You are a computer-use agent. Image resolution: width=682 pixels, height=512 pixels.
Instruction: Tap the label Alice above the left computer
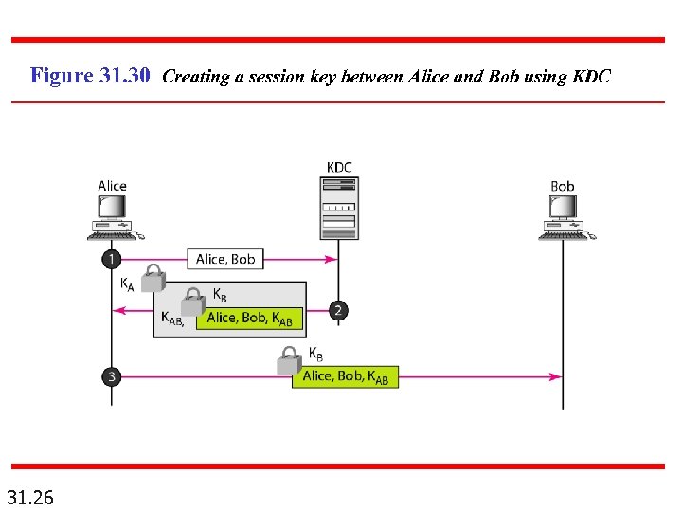[x=112, y=186]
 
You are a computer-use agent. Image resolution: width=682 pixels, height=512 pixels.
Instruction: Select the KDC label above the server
[x=339, y=168]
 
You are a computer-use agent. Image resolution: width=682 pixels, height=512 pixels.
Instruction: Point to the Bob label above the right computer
[x=563, y=186]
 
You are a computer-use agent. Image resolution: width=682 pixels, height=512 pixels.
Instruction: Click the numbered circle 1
[x=112, y=259]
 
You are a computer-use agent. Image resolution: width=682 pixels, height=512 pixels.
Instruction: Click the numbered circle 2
[x=339, y=310]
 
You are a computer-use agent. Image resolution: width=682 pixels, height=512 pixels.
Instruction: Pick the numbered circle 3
[x=112, y=376]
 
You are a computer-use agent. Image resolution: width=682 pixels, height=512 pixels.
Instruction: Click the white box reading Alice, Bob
[x=225, y=259]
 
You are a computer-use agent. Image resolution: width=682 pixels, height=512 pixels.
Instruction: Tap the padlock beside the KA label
[x=153, y=278]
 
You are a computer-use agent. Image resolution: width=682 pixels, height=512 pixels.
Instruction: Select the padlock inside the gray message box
[x=193, y=302]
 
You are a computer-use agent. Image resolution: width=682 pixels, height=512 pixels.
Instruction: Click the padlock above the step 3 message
[x=289, y=360]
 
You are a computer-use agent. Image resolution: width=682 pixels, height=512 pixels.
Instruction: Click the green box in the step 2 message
[x=250, y=318]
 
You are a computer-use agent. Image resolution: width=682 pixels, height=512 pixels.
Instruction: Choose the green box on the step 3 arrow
[x=345, y=376]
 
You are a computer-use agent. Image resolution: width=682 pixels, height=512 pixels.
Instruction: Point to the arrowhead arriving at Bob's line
[x=556, y=376]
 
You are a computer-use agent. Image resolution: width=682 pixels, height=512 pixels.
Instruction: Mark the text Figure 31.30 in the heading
[x=90, y=75]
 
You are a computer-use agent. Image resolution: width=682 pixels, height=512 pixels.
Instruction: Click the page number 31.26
[x=30, y=497]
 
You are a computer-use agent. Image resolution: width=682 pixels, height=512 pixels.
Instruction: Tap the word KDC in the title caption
[x=591, y=76]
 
